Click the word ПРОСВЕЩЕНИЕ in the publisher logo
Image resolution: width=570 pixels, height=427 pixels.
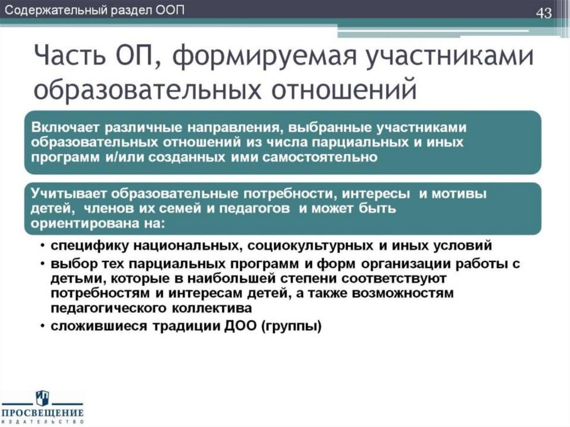tap(42, 413)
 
